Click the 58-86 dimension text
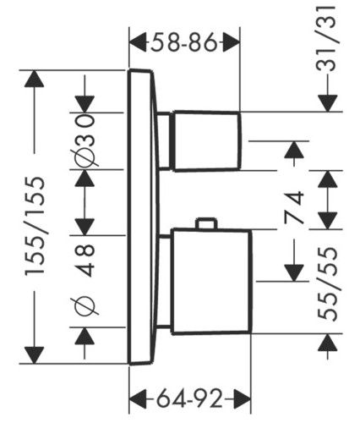tap(184, 42)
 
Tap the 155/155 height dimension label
tap(35, 226)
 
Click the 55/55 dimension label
tap(327, 284)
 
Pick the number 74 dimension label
tap(294, 207)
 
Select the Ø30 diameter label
tap(85, 141)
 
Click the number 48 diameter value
tap(85, 261)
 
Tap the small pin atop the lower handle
tap(208, 222)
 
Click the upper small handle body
tap(207, 141)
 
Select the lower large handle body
tap(211, 281)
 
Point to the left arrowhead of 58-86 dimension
tap(138, 42)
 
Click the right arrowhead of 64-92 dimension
tap(242, 399)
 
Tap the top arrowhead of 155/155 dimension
tap(34, 79)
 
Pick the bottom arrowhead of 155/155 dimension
tap(34, 355)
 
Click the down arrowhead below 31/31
tap(328, 103)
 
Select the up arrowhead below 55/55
tap(328, 343)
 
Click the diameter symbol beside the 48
tap(85, 306)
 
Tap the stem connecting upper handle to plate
tap(164, 141)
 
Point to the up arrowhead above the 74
tap(294, 150)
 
